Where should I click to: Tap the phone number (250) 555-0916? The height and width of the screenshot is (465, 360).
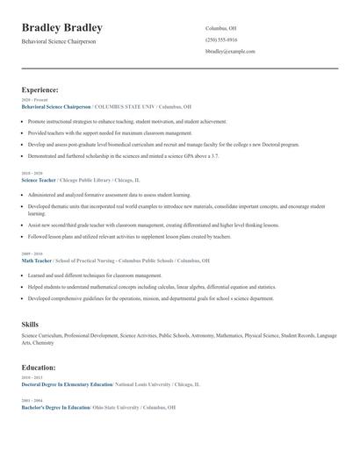click(x=221, y=39)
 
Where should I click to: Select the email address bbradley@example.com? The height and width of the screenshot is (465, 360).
click(x=230, y=52)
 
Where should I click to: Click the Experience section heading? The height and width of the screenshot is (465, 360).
click(x=40, y=89)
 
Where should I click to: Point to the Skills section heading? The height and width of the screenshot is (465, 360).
click(x=31, y=325)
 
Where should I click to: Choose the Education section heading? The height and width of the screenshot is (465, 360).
click(x=39, y=368)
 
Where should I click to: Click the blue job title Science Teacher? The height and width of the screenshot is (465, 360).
click(x=39, y=180)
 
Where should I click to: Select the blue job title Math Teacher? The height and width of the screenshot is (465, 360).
click(x=37, y=261)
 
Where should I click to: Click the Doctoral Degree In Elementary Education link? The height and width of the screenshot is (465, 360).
click(x=67, y=385)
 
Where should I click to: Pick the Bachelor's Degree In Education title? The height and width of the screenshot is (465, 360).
click(x=55, y=409)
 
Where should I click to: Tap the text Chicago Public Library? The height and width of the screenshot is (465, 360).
click(x=84, y=180)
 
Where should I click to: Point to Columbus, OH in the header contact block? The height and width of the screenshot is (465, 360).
click(x=221, y=28)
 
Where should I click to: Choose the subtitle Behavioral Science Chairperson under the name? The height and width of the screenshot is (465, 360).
click(x=59, y=42)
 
